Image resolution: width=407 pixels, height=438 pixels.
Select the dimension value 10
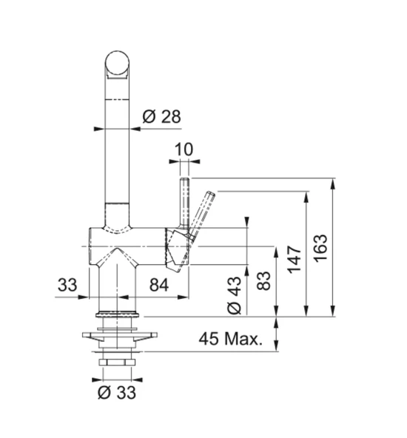[184, 149]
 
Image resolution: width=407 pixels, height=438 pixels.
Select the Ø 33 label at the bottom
[118, 393]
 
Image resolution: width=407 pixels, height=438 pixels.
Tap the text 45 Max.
[231, 340]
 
